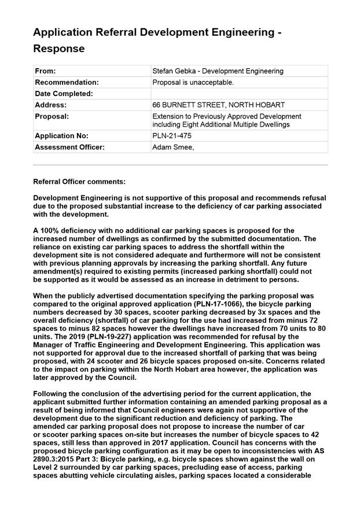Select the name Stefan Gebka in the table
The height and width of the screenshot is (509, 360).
tap(174, 71)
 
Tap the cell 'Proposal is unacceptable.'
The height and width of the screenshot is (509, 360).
tap(193, 82)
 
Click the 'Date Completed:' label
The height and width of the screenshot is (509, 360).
tap(64, 94)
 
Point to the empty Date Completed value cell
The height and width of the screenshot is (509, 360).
tap(238, 94)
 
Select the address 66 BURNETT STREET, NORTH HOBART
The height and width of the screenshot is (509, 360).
tap(218, 105)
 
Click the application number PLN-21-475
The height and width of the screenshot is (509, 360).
tap(172, 136)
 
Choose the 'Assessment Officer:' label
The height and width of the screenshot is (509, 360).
tap(69, 147)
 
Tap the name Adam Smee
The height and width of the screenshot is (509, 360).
tap(172, 147)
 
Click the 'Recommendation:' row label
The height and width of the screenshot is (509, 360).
tap(67, 82)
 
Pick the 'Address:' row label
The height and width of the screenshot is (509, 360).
tap(50, 105)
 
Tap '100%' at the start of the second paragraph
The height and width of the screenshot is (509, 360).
tap(50, 230)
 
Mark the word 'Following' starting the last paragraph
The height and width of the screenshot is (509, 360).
tap(52, 393)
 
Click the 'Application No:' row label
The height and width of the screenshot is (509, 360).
tap(61, 136)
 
